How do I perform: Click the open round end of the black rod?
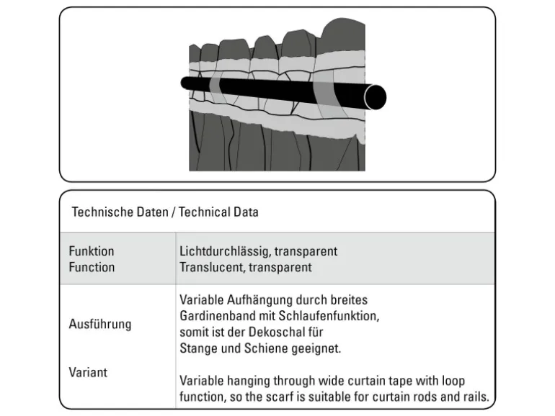[x=376, y=96]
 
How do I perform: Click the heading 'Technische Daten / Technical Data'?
[x=165, y=212]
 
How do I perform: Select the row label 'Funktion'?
[x=92, y=251]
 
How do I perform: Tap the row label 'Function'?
[x=92, y=267]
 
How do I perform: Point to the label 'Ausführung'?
[x=100, y=324]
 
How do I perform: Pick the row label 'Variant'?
[x=88, y=372]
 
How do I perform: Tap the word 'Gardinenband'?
[x=213, y=315]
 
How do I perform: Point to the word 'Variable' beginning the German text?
[x=202, y=299]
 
